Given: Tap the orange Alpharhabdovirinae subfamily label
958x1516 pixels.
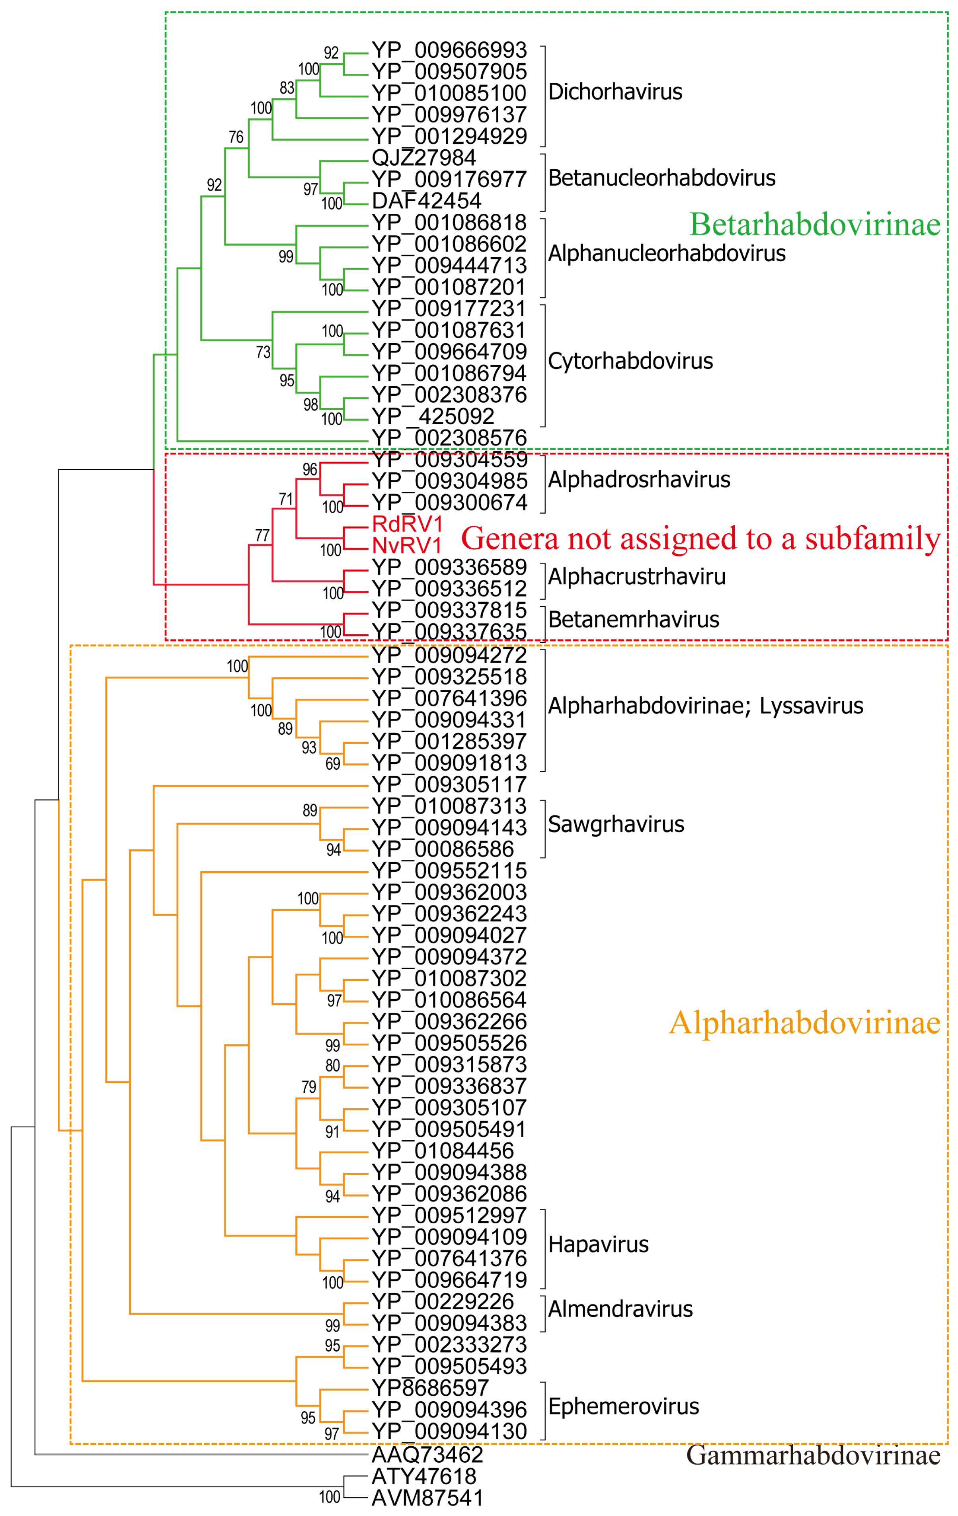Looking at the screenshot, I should (804, 1023).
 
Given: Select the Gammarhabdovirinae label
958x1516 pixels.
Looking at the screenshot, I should (813, 1455).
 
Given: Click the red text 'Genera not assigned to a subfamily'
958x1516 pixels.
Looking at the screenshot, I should (700, 539).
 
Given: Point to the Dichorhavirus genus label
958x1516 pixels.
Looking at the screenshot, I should (615, 92).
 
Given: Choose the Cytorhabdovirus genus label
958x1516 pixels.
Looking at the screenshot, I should (630, 361).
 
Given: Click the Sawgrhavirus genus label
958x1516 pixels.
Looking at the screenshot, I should (616, 825).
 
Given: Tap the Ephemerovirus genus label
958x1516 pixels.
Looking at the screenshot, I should (623, 1407).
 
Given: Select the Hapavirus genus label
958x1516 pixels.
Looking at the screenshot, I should (598, 1245).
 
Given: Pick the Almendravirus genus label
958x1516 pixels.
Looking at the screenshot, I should (620, 1309).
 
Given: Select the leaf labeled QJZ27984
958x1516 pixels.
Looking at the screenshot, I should (423, 158).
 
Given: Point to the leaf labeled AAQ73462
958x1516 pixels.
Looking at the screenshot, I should (427, 1455).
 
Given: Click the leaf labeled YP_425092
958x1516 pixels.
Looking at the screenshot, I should (433, 417).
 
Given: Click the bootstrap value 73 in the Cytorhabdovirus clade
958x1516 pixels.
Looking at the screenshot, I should (263, 352).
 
